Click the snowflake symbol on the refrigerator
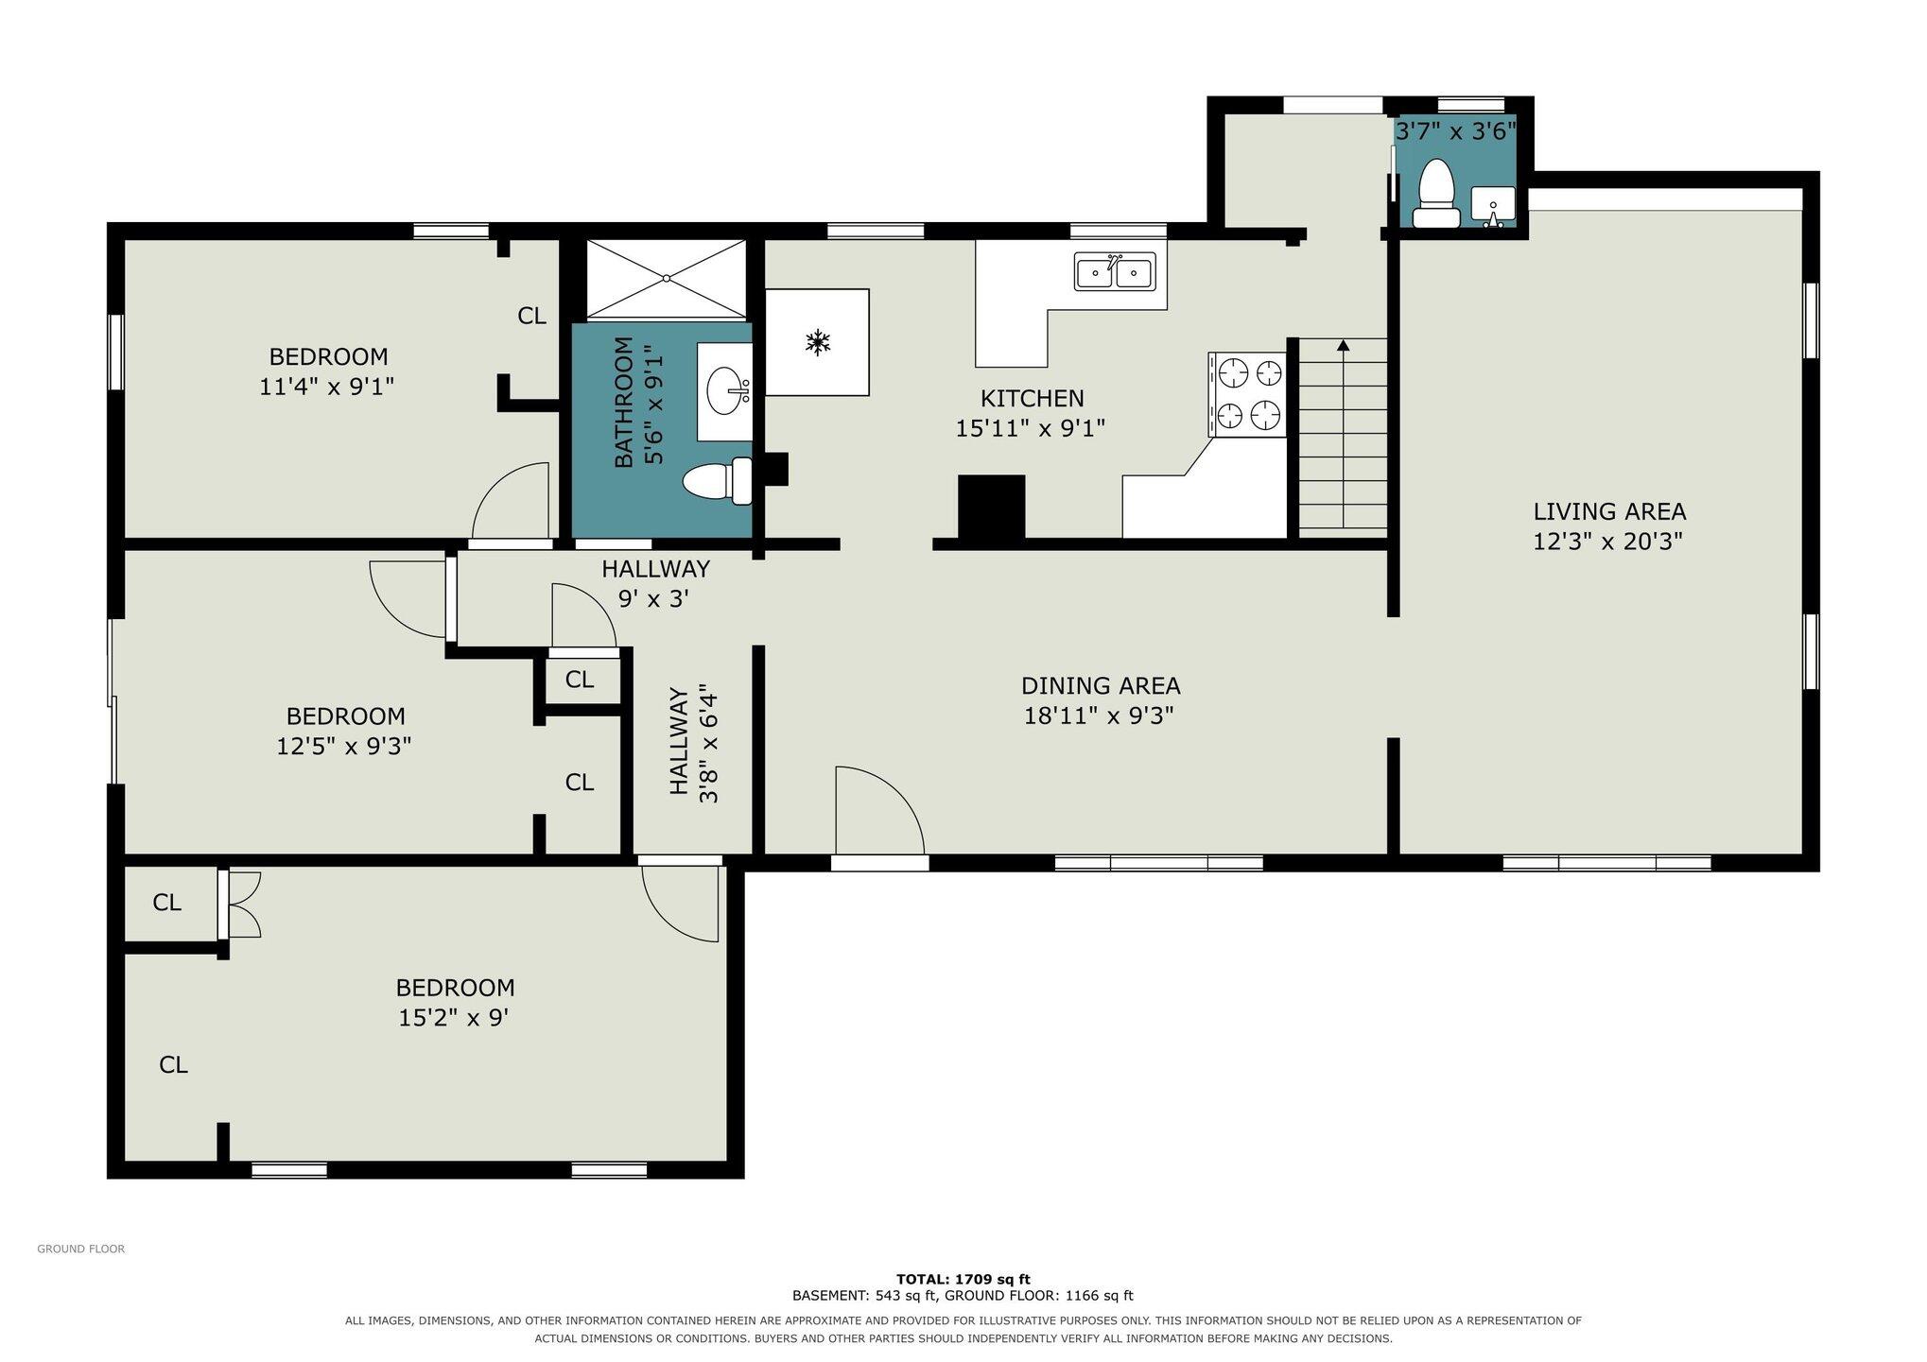pyautogui.click(x=817, y=342)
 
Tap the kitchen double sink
pyautogui.click(x=1115, y=272)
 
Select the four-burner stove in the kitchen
pyautogui.click(x=1248, y=394)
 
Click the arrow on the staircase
pyautogui.click(x=1343, y=434)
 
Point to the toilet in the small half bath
pyautogui.click(x=1436, y=194)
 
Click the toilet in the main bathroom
pyautogui.click(x=718, y=482)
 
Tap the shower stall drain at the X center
pyautogui.click(x=667, y=278)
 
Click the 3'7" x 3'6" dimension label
pyautogui.click(x=1456, y=131)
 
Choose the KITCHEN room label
pyautogui.click(x=1032, y=398)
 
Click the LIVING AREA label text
pyautogui.click(x=1609, y=511)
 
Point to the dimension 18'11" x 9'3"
pyautogui.click(x=1099, y=715)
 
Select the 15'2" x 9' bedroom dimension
pyautogui.click(x=455, y=1018)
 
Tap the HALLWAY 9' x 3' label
pyautogui.click(x=655, y=583)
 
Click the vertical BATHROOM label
pyautogui.click(x=624, y=402)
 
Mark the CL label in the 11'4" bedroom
pyautogui.click(x=532, y=316)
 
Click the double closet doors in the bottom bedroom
pyautogui.click(x=240, y=905)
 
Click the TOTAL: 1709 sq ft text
pyautogui.click(x=963, y=1279)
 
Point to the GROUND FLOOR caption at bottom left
pyautogui.click(x=81, y=1249)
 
